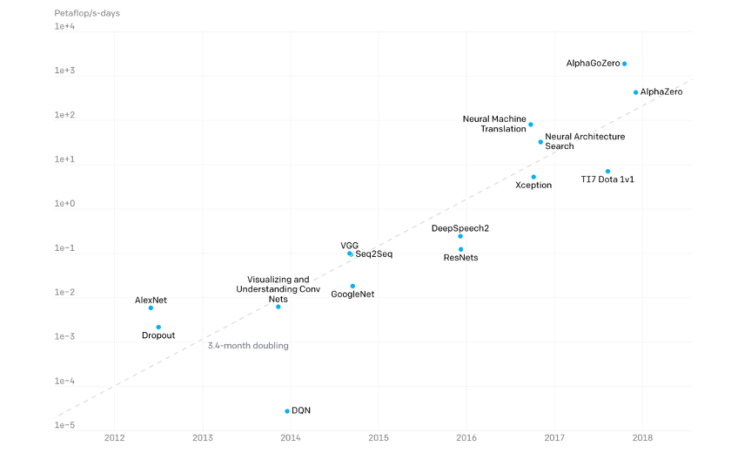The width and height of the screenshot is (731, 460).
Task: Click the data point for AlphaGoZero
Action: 624,64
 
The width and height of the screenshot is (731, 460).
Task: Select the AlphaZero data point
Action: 635,92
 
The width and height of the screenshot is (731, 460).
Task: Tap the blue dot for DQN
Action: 287,411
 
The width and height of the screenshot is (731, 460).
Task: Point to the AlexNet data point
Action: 151,308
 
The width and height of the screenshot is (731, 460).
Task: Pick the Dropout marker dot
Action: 158,328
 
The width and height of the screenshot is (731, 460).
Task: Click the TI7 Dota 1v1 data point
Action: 607,172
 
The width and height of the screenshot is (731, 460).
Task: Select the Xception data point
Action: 533,177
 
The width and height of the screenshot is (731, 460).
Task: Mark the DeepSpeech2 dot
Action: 460,236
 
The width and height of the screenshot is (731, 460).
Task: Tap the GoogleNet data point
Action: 352,286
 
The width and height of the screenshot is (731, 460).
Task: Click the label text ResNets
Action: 460,258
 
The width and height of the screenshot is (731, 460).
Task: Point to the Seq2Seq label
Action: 374,254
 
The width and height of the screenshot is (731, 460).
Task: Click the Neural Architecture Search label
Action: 585,141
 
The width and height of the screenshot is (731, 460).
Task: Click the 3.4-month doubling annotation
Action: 248,346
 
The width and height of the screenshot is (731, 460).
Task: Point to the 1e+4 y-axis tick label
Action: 65,27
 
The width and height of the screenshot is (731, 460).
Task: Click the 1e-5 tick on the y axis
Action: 65,426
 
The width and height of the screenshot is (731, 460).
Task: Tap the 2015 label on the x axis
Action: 379,438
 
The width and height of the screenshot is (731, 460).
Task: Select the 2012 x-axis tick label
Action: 114,438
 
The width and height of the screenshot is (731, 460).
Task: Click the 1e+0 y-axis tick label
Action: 65,204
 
